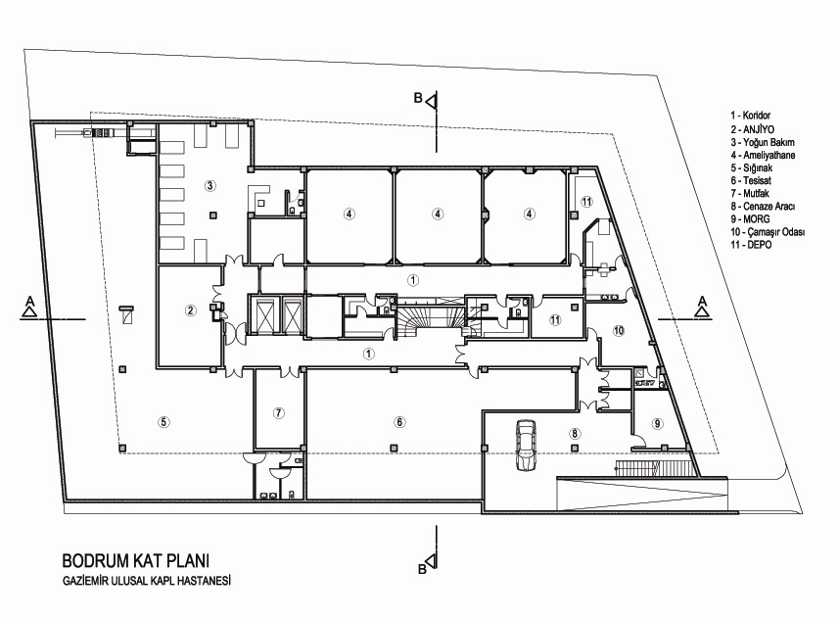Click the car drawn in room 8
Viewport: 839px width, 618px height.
tap(526, 446)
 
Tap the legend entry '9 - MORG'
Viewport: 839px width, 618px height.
tap(750, 218)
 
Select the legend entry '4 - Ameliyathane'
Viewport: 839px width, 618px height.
tap(763, 155)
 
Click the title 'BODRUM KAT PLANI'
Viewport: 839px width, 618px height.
tap(136, 560)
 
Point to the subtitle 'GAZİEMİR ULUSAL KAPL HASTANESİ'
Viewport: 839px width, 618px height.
tap(147, 580)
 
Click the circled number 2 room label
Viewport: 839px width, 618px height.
tap(191, 310)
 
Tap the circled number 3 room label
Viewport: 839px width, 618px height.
tap(210, 186)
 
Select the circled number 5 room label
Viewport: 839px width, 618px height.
tap(163, 422)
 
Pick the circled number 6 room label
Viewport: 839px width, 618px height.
tap(399, 422)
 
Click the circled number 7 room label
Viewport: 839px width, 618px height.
tap(278, 412)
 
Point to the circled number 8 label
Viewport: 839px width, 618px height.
tap(575, 434)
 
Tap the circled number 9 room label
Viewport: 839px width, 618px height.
tap(658, 423)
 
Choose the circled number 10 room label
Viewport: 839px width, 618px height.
tap(619, 331)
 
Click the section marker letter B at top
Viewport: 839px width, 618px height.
tap(418, 98)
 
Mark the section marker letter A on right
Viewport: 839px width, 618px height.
tap(702, 301)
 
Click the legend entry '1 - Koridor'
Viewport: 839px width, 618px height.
tap(751, 115)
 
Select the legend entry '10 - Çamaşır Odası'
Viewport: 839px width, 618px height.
tap(768, 232)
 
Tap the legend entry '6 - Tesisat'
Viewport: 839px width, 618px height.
tap(751, 181)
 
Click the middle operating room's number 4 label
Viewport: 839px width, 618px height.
tap(438, 214)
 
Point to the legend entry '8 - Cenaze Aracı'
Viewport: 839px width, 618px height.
tap(763, 206)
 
